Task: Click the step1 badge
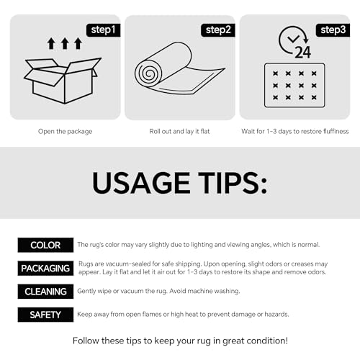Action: [x=103, y=30]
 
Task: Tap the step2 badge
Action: [x=218, y=30]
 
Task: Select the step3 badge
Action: [x=333, y=30]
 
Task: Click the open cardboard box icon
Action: [x=63, y=81]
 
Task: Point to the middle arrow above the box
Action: [x=65, y=43]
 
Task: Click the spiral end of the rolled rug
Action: [x=148, y=73]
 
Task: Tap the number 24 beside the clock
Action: [x=303, y=52]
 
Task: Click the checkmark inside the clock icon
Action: [x=293, y=38]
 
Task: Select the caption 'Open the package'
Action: [x=65, y=132]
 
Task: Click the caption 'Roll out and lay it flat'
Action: [x=179, y=132]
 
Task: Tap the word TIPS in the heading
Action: [x=232, y=183]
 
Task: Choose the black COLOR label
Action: [x=45, y=245]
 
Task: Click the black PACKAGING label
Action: [x=45, y=269]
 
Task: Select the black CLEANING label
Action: [x=45, y=292]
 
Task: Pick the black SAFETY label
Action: [x=45, y=315]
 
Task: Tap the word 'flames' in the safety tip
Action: [x=152, y=314]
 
